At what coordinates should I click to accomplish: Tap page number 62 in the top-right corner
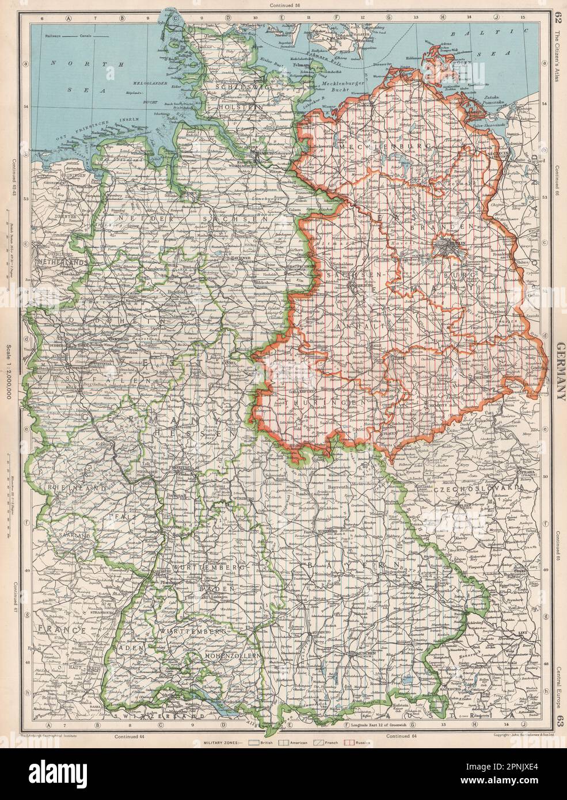(x=556, y=10)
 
